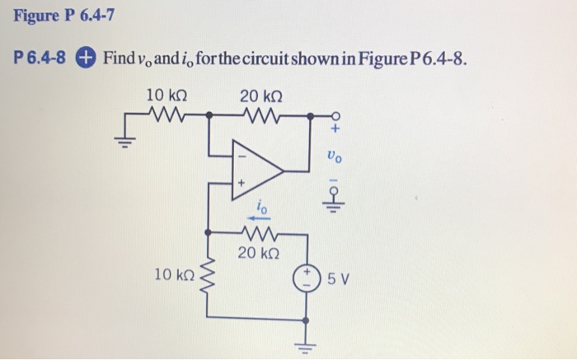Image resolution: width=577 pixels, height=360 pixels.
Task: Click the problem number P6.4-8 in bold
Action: (x=41, y=58)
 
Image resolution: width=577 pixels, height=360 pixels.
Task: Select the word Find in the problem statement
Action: (x=118, y=58)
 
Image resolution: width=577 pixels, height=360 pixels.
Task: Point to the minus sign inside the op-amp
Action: (x=242, y=155)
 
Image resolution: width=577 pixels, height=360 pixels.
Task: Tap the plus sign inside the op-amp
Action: (x=242, y=183)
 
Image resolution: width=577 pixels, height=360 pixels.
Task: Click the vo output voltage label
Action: (x=333, y=153)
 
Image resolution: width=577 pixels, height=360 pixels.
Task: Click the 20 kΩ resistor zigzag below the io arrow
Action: (x=260, y=234)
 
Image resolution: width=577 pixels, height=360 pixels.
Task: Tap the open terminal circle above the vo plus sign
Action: (x=335, y=115)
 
